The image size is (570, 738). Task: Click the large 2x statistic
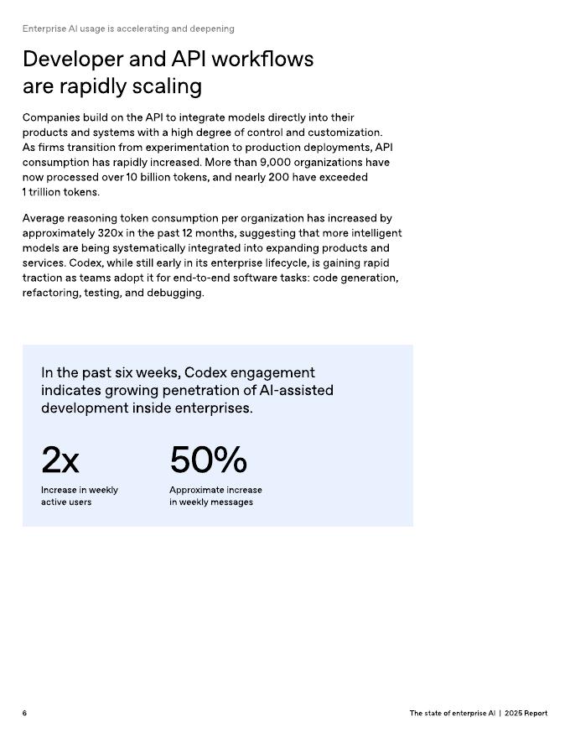[x=60, y=460]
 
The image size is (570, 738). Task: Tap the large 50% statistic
[x=208, y=460]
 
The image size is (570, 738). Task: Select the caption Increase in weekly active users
[x=80, y=496]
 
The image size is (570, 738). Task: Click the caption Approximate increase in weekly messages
[x=215, y=496]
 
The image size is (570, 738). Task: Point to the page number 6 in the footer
[x=24, y=713]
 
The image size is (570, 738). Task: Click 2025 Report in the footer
[x=526, y=713]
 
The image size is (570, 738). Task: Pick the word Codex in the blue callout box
[x=206, y=372]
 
